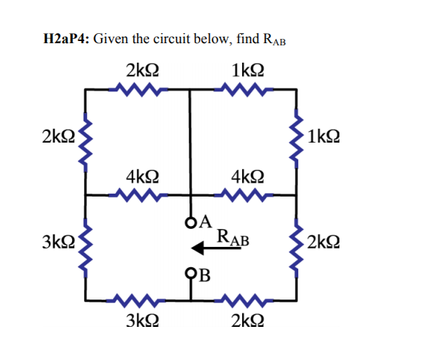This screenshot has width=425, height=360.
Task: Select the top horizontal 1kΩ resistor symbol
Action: tap(244, 90)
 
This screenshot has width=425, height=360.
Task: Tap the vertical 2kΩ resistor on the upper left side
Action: tap(86, 140)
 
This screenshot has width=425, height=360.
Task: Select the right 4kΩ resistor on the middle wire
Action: tap(244, 194)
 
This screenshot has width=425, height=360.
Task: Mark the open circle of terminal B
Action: tap(191, 273)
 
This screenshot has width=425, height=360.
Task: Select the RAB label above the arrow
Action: tap(233, 235)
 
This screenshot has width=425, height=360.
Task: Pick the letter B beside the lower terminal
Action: tap(205, 274)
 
